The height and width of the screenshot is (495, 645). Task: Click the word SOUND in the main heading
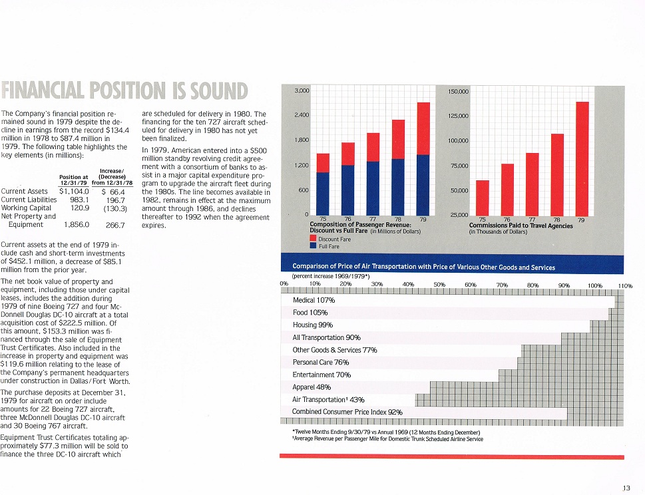218,91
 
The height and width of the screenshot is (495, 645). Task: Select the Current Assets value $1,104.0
74,191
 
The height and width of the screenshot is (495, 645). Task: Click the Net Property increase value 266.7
115,226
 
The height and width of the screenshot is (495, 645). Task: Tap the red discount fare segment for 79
423,128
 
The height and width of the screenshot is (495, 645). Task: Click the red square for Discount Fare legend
313,239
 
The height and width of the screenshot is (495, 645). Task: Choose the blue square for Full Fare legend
313,246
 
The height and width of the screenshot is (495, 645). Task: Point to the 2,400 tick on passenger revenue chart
302,115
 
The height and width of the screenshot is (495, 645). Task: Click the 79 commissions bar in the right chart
582,159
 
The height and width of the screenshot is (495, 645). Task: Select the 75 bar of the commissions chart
483,198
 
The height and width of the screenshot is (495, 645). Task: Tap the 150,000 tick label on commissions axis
458,91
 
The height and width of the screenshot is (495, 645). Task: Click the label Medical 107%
314,300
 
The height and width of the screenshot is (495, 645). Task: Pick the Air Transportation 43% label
328,400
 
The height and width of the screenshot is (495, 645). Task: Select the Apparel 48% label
312,387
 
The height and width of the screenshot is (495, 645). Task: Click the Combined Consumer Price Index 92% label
347,412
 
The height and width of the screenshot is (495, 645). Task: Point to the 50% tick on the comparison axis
439,285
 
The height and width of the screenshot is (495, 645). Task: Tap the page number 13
626,488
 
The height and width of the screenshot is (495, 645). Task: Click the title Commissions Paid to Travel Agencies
521,226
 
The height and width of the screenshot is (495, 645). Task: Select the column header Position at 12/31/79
74,180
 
